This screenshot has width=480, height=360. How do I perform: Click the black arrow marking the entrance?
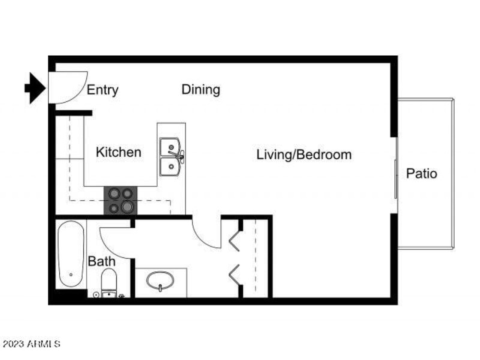pyautogui.click(x=35, y=89)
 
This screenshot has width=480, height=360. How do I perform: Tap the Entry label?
pyautogui.click(x=103, y=90)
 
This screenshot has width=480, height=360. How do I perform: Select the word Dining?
pyautogui.click(x=201, y=89)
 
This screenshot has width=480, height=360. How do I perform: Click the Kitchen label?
pyautogui.click(x=119, y=152)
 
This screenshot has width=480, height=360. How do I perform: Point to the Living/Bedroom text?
pyautogui.click(x=304, y=155)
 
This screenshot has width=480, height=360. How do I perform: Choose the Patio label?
pyautogui.click(x=422, y=174)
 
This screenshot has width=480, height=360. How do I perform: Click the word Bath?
pyautogui.click(x=101, y=262)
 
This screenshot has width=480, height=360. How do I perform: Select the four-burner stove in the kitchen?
pyautogui.click(x=121, y=201)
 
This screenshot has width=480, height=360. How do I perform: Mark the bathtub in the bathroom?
pyautogui.click(x=71, y=254)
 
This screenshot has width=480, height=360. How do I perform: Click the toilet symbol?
pyautogui.click(x=109, y=283)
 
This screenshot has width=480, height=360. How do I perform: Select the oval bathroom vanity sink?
pyautogui.click(x=160, y=281)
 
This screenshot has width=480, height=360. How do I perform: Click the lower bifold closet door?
pyautogui.click(x=233, y=274)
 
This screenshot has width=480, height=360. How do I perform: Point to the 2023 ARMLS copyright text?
pyautogui.click(x=31, y=344)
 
